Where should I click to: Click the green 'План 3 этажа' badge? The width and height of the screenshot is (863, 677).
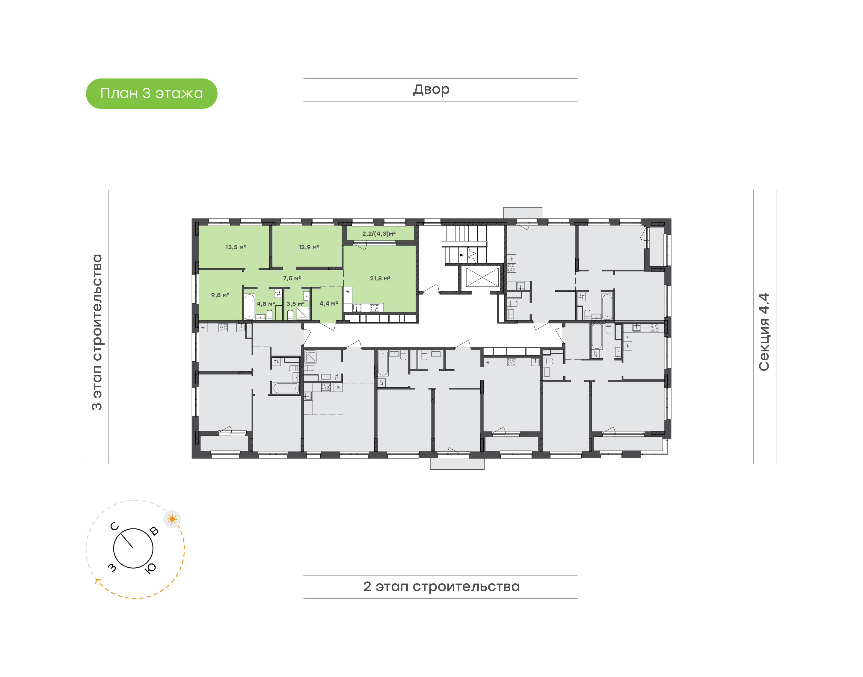click(151, 93)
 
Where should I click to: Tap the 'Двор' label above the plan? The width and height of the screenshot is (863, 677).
click(431, 90)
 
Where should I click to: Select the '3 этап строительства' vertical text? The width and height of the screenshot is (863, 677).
click(97, 332)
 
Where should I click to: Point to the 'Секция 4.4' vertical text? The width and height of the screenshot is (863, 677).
click(764, 332)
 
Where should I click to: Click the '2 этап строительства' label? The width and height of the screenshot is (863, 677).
click(441, 587)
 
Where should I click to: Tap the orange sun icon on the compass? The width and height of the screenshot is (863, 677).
click(172, 519)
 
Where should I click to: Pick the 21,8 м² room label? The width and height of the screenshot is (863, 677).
click(380, 279)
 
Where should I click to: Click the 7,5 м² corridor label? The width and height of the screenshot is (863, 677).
click(292, 279)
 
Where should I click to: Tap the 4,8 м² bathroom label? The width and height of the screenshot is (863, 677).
click(265, 304)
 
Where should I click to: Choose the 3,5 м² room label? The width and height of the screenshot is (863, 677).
click(295, 304)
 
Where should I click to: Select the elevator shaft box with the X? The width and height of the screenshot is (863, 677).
click(482, 277)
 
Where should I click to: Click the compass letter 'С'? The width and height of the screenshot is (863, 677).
click(114, 526)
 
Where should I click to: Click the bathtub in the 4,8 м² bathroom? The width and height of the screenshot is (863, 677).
click(249, 306)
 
